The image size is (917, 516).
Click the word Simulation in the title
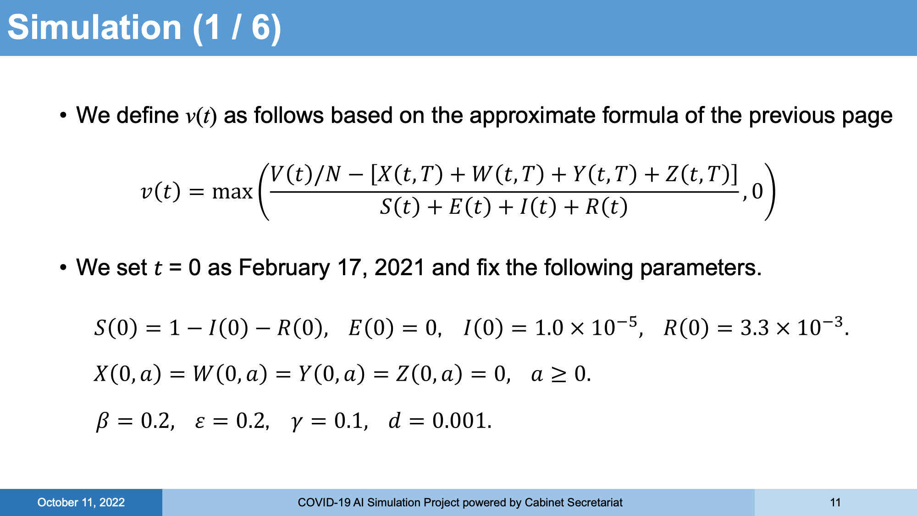pyautogui.click(x=94, y=28)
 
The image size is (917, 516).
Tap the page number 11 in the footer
pyautogui.click(x=835, y=503)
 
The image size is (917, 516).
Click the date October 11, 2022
pyautogui.click(x=81, y=503)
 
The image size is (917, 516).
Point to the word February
pyautogui.click(x=284, y=268)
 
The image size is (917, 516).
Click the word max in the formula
pyautogui.click(x=232, y=192)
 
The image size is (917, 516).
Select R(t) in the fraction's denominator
pyautogui.click(x=606, y=207)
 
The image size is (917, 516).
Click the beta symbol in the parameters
pyautogui.click(x=102, y=421)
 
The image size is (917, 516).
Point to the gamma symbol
pyautogui.click(x=297, y=422)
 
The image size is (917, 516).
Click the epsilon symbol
pyautogui.click(x=199, y=422)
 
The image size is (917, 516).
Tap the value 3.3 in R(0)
pyautogui.click(x=754, y=328)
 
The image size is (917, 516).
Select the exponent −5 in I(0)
pyautogui.click(x=626, y=322)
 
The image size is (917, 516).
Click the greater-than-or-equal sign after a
pyautogui.click(x=558, y=375)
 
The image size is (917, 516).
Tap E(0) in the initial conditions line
pyautogui.click(x=371, y=328)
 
